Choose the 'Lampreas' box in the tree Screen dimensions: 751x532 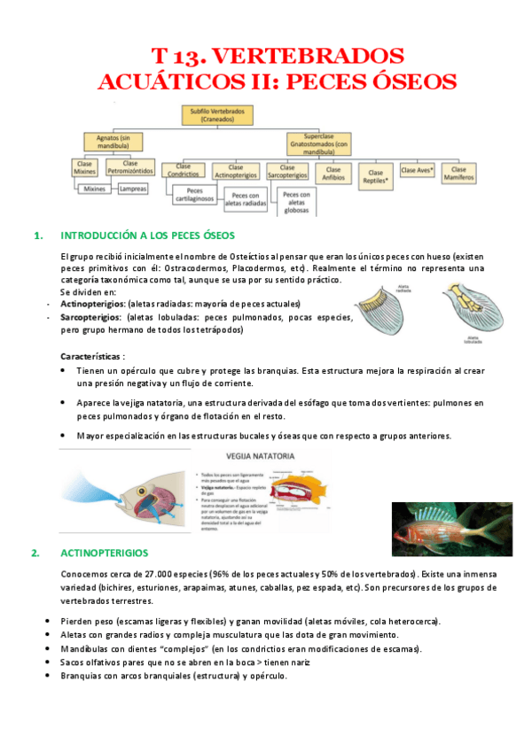[x=133, y=189]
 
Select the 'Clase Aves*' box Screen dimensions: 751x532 [x=417, y=169]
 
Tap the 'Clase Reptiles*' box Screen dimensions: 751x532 [x=375, y=174]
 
